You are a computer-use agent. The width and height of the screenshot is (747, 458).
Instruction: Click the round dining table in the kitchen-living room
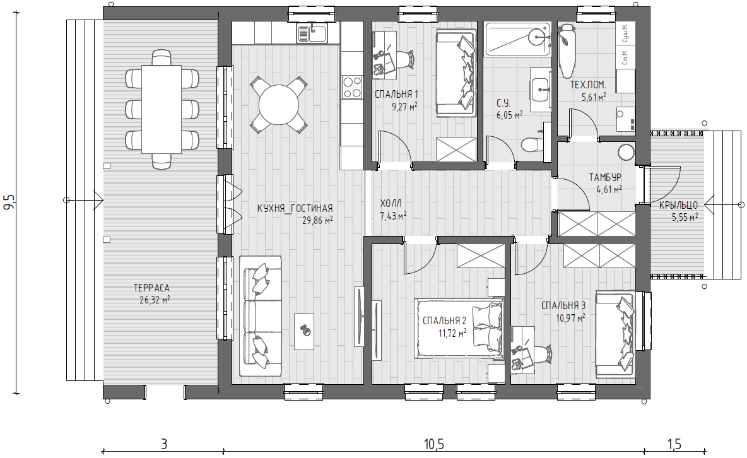[x=278, y=104]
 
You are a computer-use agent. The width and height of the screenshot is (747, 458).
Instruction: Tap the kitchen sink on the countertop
[x=312, y=33]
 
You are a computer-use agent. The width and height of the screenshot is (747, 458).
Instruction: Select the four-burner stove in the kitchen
[x=352, y=87]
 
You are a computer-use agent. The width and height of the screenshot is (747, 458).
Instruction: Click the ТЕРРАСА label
[x=151, y=288]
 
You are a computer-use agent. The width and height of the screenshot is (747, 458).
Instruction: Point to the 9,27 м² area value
[x=404, y=106]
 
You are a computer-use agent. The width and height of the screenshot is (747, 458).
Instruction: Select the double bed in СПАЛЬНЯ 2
[x=459, y=328]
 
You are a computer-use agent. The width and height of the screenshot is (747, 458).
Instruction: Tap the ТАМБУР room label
[x=605, y=178]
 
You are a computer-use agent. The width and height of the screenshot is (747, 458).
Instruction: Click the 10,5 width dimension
[x=433, y=445]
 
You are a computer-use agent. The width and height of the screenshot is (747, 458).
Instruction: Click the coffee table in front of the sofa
[x=304, y=331]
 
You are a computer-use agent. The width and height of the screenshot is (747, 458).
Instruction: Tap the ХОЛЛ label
[x=391, y=204]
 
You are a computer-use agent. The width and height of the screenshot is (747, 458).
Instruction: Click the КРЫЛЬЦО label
[x=678, y=206]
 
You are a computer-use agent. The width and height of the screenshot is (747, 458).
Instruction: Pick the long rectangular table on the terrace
[x=162, y=109]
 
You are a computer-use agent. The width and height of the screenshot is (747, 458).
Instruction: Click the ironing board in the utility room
[x=567, y=50]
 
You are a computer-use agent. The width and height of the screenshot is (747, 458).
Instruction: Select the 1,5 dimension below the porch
[x=674, y=445]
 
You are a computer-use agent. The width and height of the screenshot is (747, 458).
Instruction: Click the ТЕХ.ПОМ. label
[x=589, y=85]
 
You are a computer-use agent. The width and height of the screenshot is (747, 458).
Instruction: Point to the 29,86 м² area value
[x=317, y=220]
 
